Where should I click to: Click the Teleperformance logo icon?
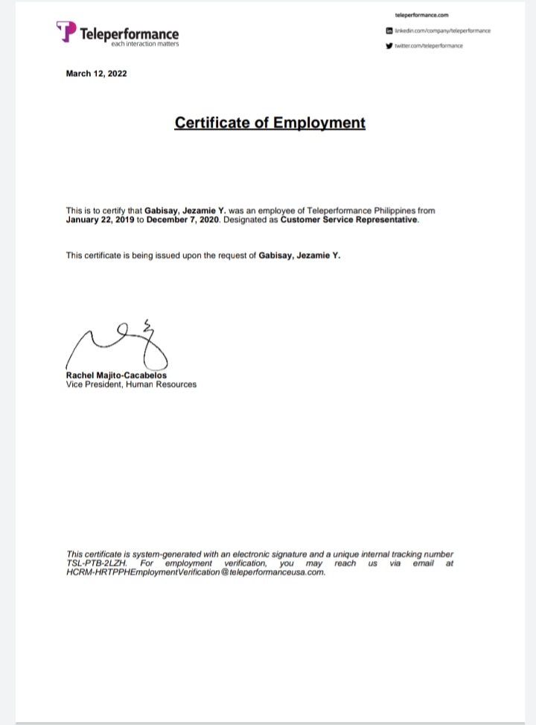[66, 31]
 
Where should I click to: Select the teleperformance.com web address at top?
[421, 15]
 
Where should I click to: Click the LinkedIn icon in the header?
[389, 31]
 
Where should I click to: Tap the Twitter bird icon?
[389, 45]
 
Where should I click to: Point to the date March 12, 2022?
[96, 73]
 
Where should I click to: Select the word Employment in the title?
[319, 122]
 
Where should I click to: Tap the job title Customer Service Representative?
[349, 221]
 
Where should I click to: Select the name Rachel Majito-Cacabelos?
[116, 376]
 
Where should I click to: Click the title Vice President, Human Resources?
[131, 384]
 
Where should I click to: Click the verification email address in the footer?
[196, 572]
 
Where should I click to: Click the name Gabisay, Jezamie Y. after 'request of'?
[299, 256]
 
